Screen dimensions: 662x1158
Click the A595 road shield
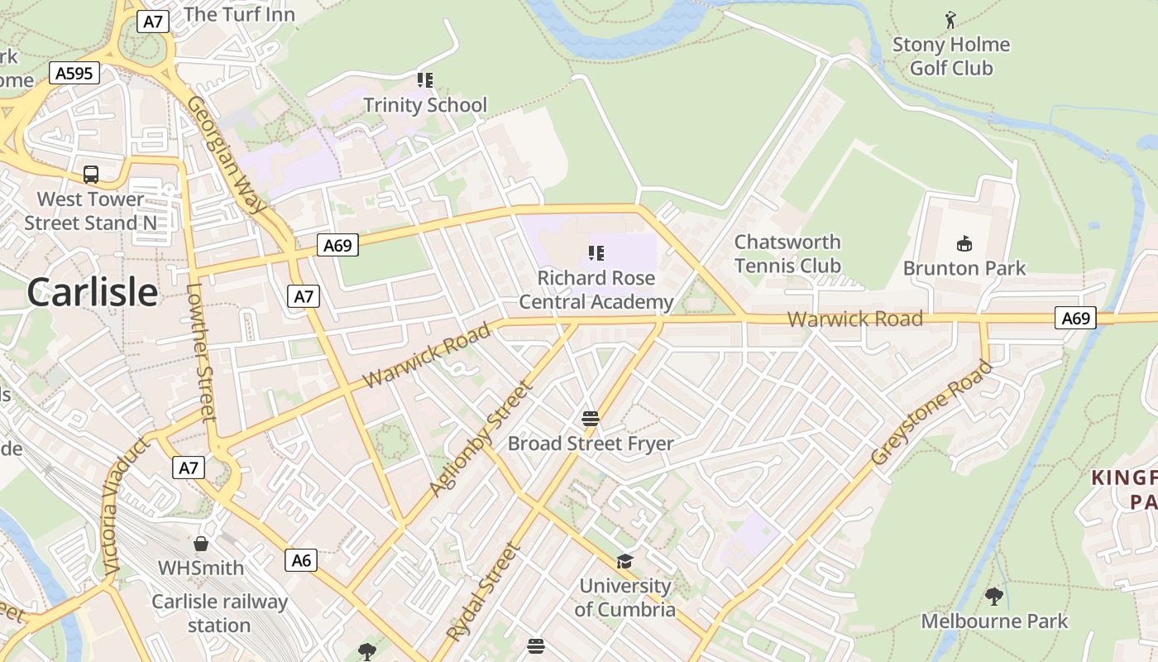coord(74,74)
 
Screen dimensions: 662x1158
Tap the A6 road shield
coord(301,560)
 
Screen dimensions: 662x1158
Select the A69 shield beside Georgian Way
coord(337,245)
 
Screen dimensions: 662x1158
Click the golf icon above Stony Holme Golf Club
coord(950,20)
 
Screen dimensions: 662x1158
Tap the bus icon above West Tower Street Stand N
coord(91,175)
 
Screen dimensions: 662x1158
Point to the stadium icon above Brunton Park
coord(964,243)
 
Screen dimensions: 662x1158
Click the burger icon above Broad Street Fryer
coord(590,419)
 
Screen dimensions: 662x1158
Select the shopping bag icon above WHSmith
coord(200,544)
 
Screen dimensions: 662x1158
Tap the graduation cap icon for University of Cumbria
coord(624,562)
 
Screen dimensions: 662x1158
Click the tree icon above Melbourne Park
coord(994,596)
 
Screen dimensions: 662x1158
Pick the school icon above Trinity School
coord(425,80)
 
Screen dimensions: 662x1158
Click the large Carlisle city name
coord(92,293)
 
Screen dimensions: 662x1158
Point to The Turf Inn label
coord(239,14)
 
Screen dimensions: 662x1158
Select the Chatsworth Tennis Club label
coord(787,254)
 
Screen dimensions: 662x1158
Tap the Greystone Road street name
coord(931,413)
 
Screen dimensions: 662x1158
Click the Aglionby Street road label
coord(479,439)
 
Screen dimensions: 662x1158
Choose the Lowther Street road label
coord(201,353)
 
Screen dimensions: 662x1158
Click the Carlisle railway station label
coord(219,613)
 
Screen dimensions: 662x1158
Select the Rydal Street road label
coord(485,591)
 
